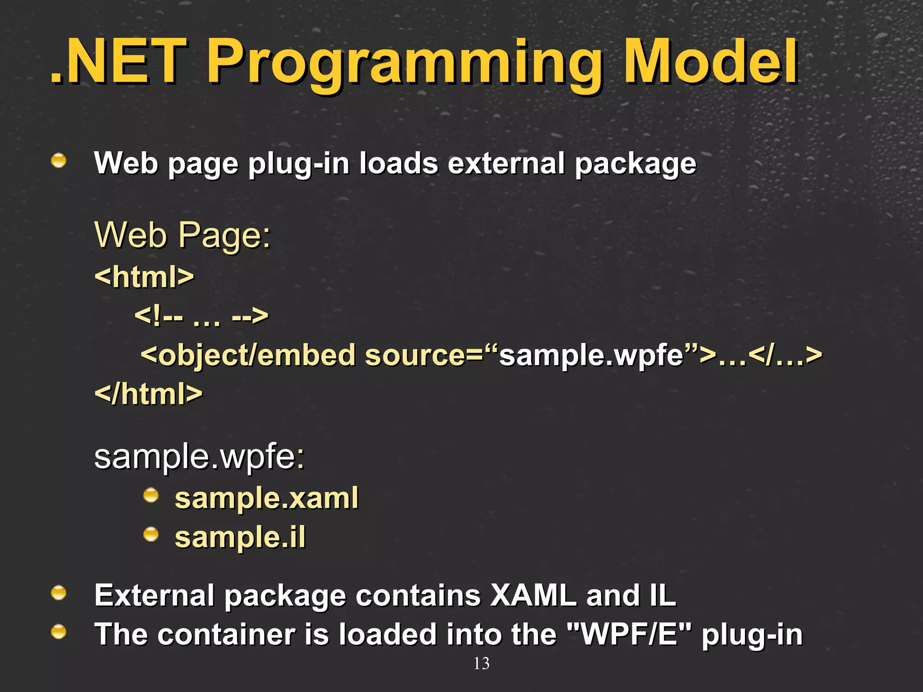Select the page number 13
coord(481,664)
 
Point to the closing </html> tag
coord(149,394)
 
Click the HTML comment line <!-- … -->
coord(201,315)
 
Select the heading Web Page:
coord(182,235)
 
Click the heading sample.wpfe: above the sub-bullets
coord(199,457)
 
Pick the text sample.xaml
coord(266,498)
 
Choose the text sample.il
coord(240,537)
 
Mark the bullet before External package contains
coord(59,593)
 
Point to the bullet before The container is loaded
coord(59,632)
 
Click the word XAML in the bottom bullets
coord(533,596)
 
